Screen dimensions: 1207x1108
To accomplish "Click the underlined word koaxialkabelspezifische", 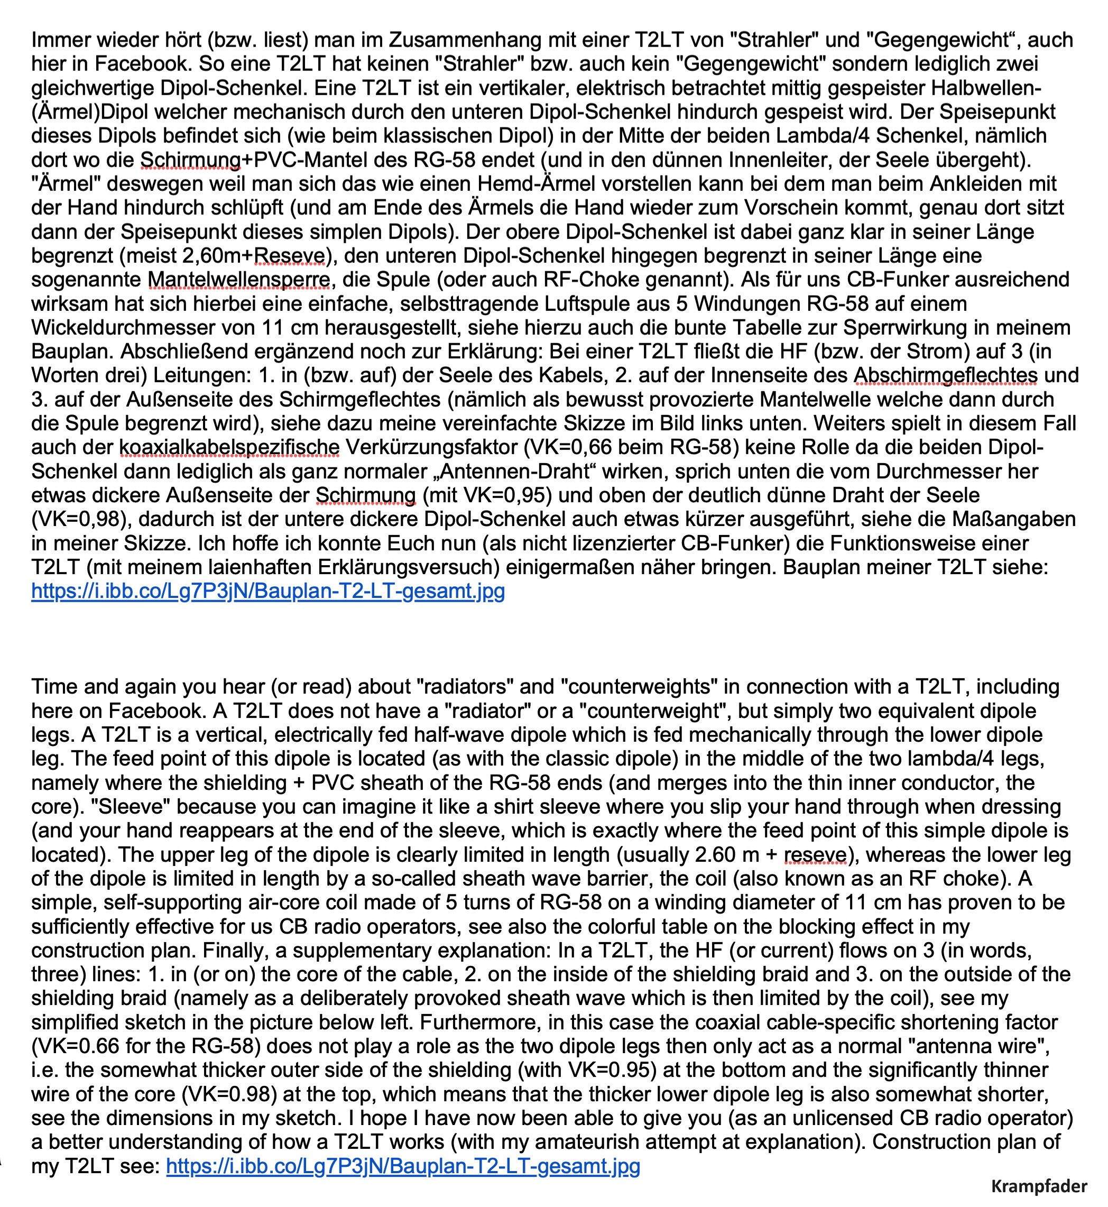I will coord(229,448).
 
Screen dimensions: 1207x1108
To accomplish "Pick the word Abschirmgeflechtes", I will coord(946,376).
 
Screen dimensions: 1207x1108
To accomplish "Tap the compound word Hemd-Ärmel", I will coord(547,184).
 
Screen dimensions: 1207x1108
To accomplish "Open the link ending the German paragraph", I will coord(268,592).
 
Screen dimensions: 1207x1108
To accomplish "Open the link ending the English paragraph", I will coord(403,1166).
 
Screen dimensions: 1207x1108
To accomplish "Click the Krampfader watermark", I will coord(1038,1185).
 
